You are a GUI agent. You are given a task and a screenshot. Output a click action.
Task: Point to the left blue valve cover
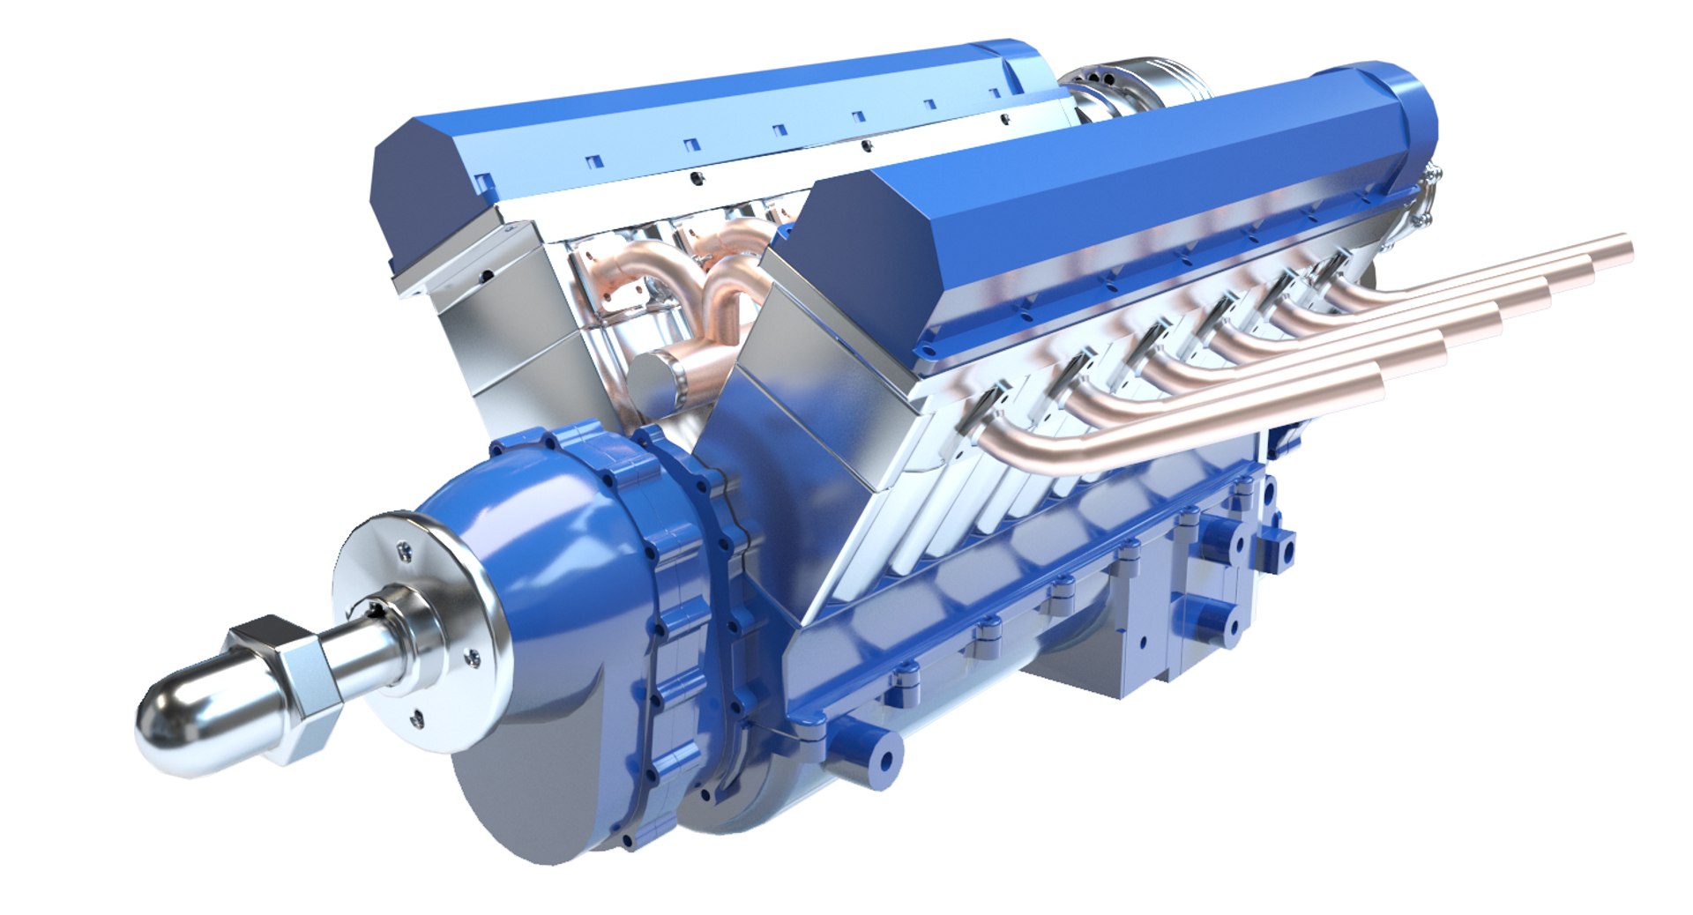[705, 115]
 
